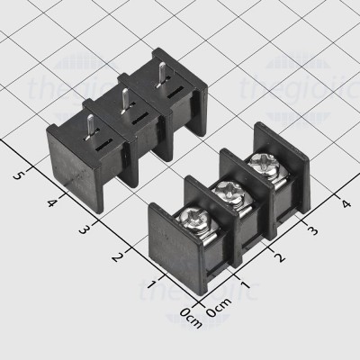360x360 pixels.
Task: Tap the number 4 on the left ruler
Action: tap(51, 202)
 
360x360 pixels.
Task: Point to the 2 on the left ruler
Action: tap(117, 258)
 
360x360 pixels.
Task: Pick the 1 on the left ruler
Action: tap(149, 286)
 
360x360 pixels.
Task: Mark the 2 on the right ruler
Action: tap(280, 258)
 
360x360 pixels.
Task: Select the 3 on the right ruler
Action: tap(312, 231)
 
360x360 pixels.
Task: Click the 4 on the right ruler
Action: tap(344, 203)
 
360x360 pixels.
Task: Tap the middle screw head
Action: tap(226, 191)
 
